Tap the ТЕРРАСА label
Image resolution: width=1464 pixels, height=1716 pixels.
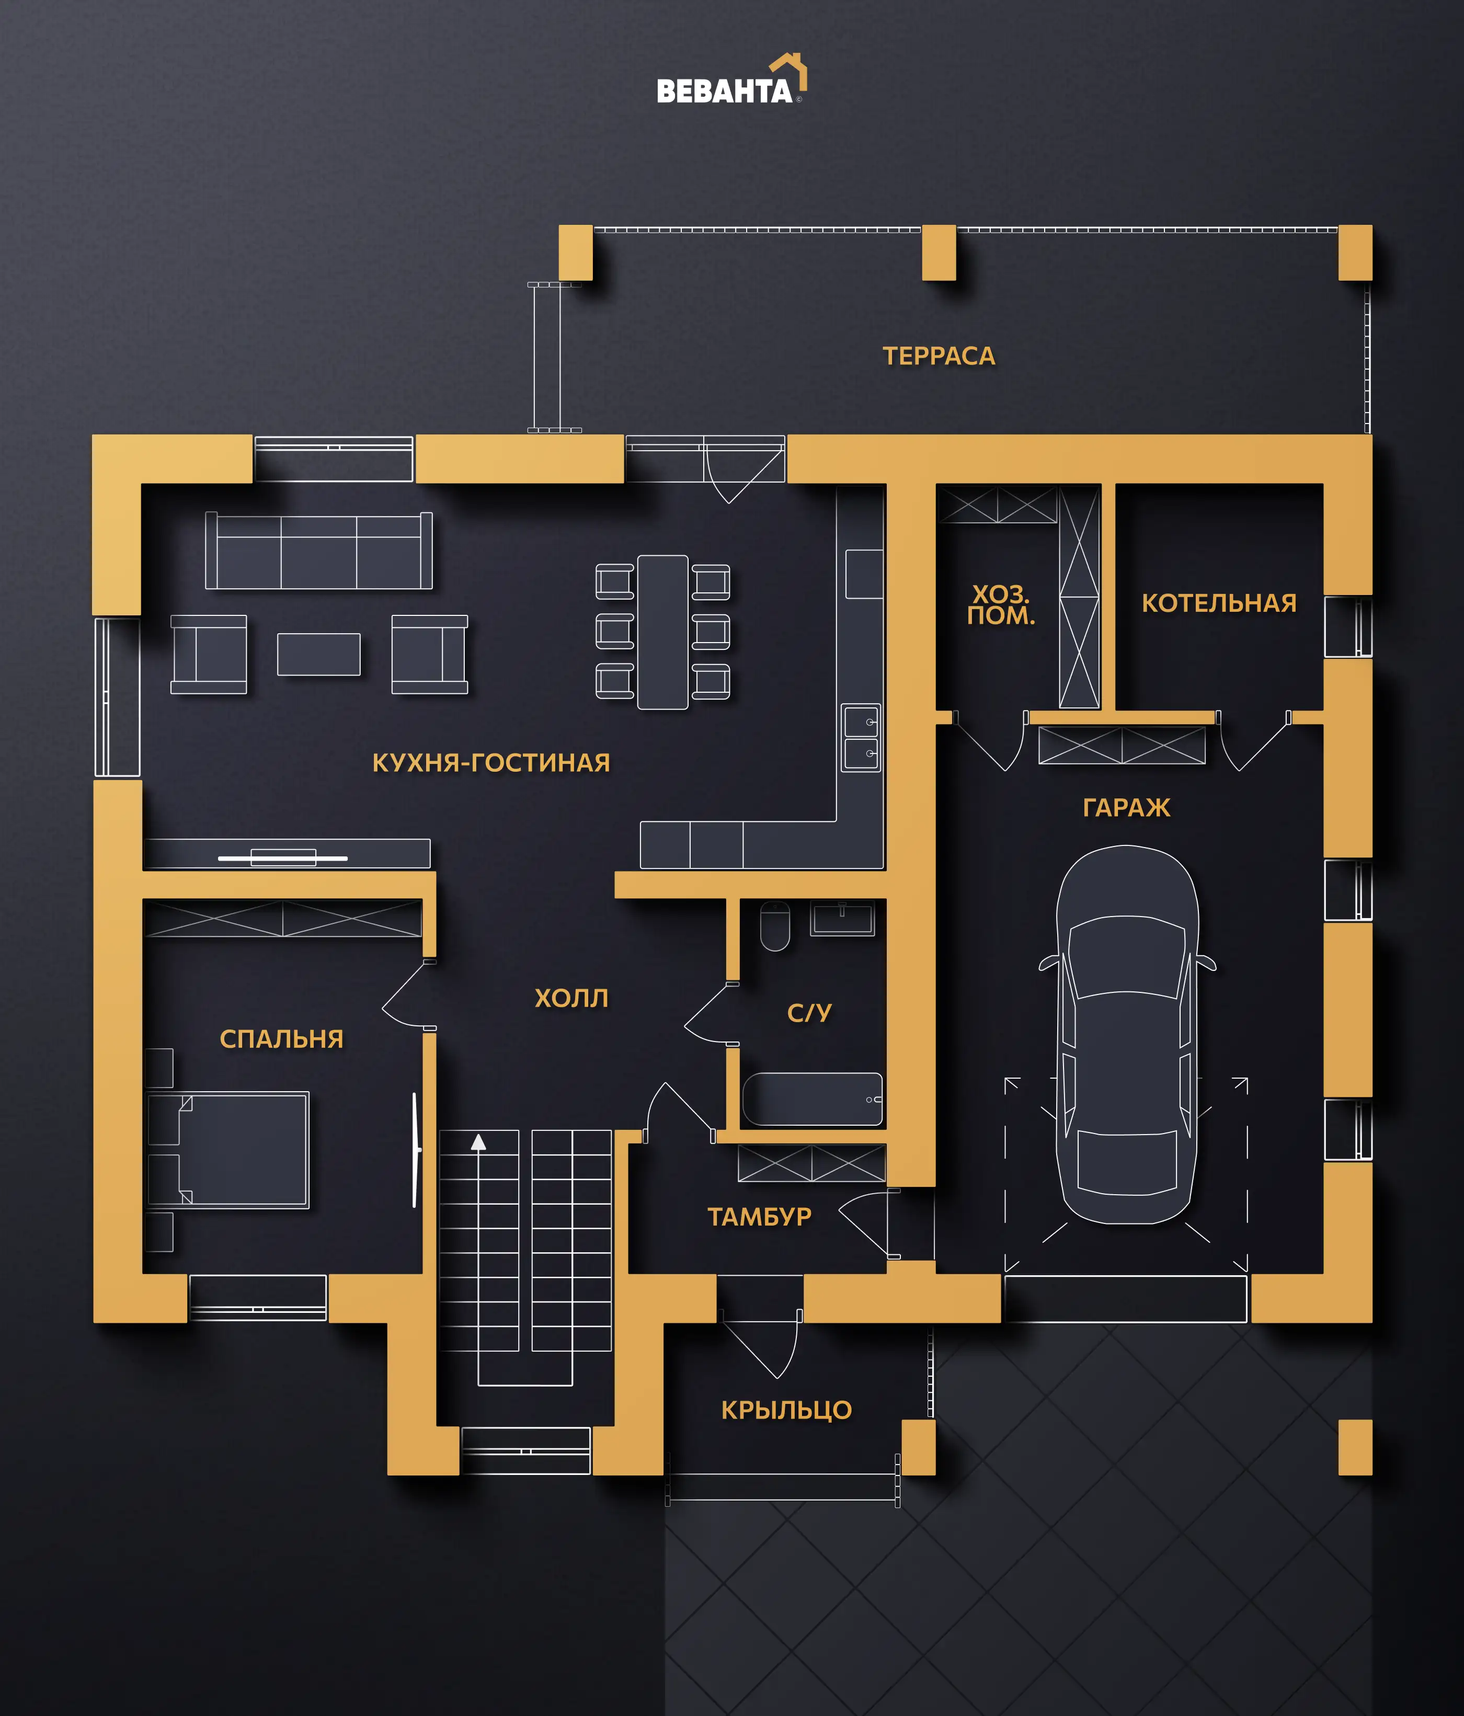tap(939, 356)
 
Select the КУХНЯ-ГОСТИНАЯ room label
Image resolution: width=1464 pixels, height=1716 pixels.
tap(491, 763)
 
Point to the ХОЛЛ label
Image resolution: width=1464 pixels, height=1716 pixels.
tap(571, 998)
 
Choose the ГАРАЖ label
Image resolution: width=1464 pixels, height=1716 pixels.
tap(1126, 807)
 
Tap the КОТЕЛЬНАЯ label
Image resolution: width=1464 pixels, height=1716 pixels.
tap(1219, 603)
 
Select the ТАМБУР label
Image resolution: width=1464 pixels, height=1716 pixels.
tap(759, 1217)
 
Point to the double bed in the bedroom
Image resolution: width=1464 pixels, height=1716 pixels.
tap(228, 1150)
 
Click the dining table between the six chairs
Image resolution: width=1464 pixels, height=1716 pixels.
tap(662, 632)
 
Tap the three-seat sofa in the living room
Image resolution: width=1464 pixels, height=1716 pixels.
tap(319, 551)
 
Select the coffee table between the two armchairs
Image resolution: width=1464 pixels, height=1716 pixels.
tap(319, 654)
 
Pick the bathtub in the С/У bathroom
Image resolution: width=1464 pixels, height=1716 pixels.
tap(813, 1099)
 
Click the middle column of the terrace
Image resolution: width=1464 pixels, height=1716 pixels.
tap(939, 253)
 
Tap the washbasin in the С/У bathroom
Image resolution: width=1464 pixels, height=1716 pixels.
tap(842, 918)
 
